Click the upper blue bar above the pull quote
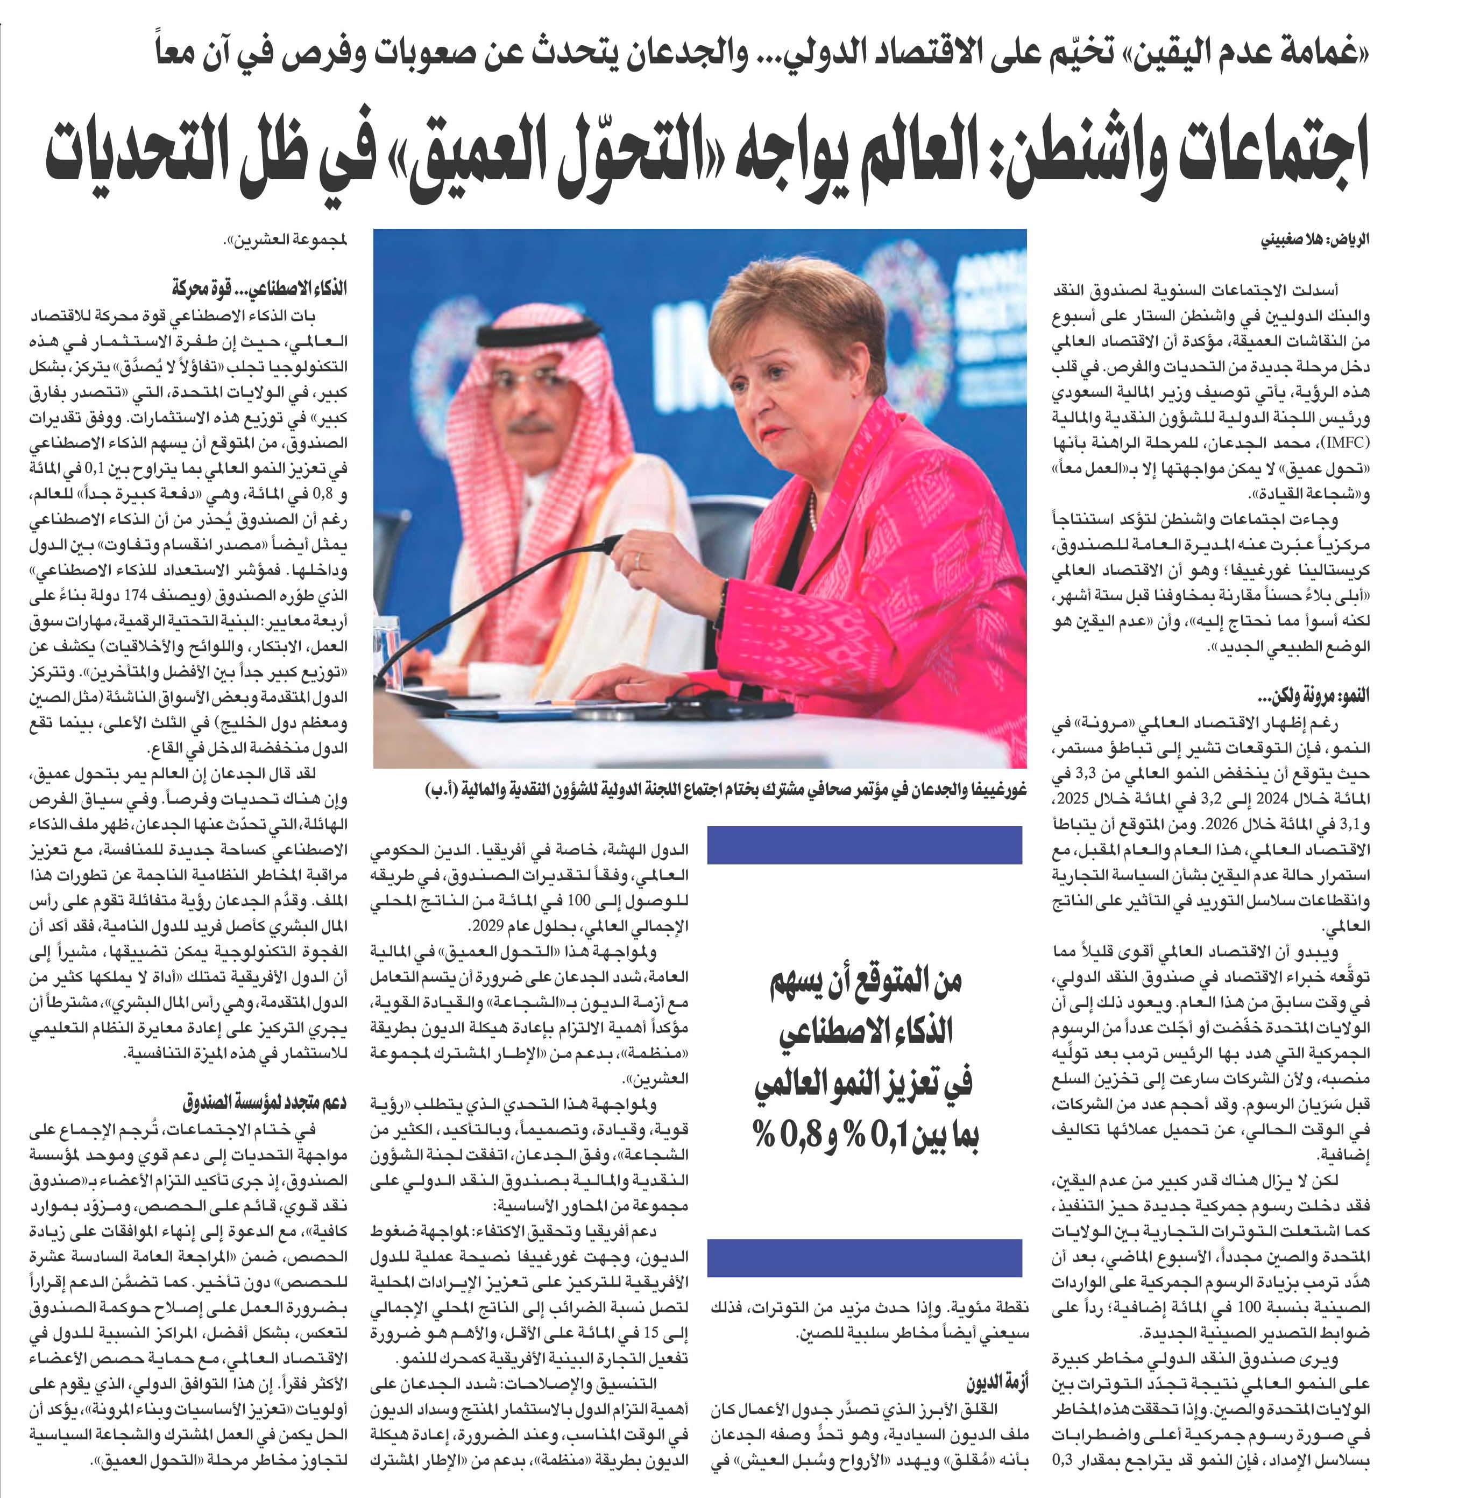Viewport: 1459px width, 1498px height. click(865, 846)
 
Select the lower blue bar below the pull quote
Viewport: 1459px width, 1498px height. click(865, 1257)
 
